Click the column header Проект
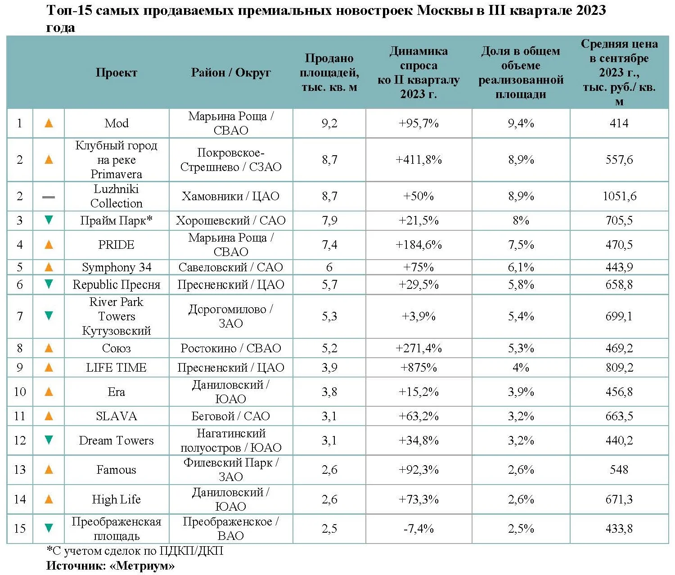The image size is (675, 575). pos(116,72)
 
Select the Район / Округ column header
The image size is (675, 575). pos(230,72)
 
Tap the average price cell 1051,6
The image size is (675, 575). pos(619,196)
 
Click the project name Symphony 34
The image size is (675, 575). pos(116,267)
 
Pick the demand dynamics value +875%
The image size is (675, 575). pos(418,368)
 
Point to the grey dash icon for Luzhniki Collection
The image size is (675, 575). pos(49,197)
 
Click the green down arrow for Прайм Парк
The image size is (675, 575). pos(49,220)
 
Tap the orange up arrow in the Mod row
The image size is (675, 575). pos(49,123)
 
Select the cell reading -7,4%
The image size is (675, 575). pos(418,529)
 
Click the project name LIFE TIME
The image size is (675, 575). pos(116,368)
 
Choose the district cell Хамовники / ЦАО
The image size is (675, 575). pos(230,196)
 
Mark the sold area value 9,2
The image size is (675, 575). pos(329,123)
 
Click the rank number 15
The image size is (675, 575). pos(20,529)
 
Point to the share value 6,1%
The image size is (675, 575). pos(521,267)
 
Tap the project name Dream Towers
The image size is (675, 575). pos(116,440)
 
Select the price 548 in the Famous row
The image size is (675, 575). pos(619,470)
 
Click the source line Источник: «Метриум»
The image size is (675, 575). pos(110,566)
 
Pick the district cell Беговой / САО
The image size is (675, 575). pos(230,416)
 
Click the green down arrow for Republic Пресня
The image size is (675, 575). pos(49,284)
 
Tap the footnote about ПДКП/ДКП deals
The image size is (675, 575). pos(135,551)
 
